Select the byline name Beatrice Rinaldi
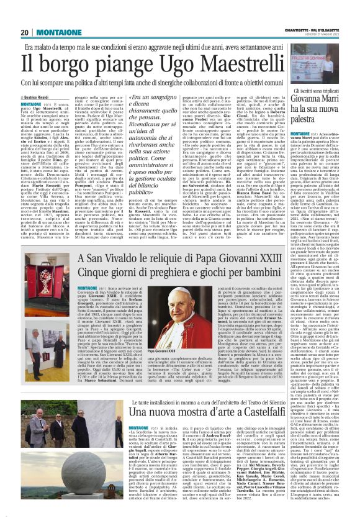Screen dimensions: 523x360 click(x=40, y=98)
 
